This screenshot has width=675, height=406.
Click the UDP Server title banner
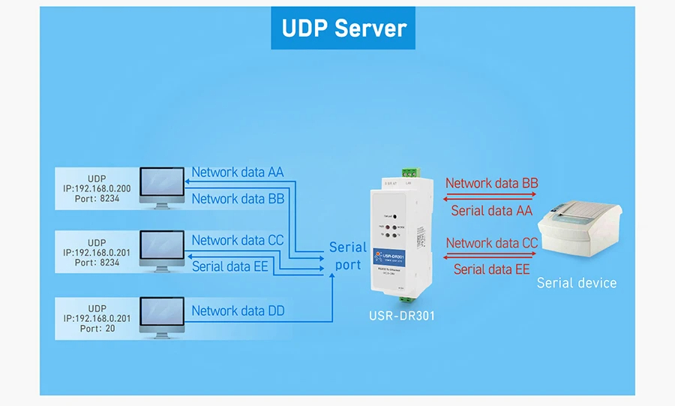343,29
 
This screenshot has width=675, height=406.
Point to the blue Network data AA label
238,172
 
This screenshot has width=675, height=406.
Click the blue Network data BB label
238,199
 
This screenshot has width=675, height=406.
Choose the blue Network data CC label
238,240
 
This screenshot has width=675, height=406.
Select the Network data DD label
238,311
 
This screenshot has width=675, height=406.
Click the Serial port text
348,255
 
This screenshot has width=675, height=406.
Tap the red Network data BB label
491,183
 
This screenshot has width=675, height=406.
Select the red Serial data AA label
491,211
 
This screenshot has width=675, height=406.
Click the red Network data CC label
491,243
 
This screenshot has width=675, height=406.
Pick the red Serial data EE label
491,269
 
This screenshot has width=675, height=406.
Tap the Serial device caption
576,283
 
